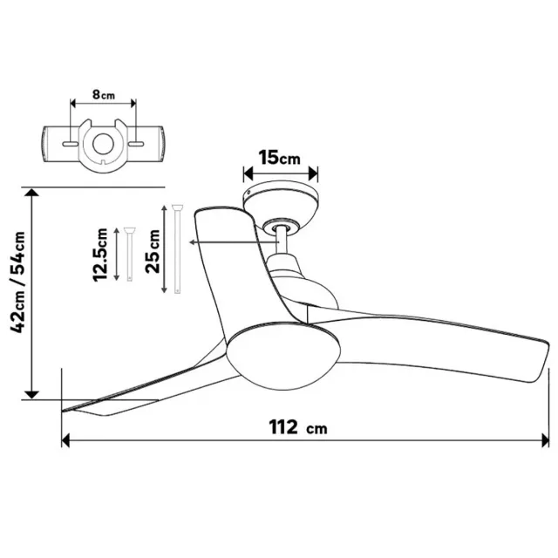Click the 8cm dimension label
click(102, 95)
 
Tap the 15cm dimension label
click(279, 158)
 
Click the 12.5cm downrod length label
click(103, 254)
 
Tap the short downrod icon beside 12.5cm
click(128, 253)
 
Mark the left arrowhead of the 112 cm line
click(65, 440)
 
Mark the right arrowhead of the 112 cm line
click(546, 440)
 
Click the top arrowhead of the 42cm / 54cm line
click(32, 195)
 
